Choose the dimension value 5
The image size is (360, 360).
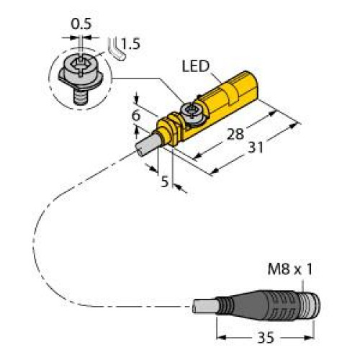[164, 182]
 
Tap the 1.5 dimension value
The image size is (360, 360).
[130, 45]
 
